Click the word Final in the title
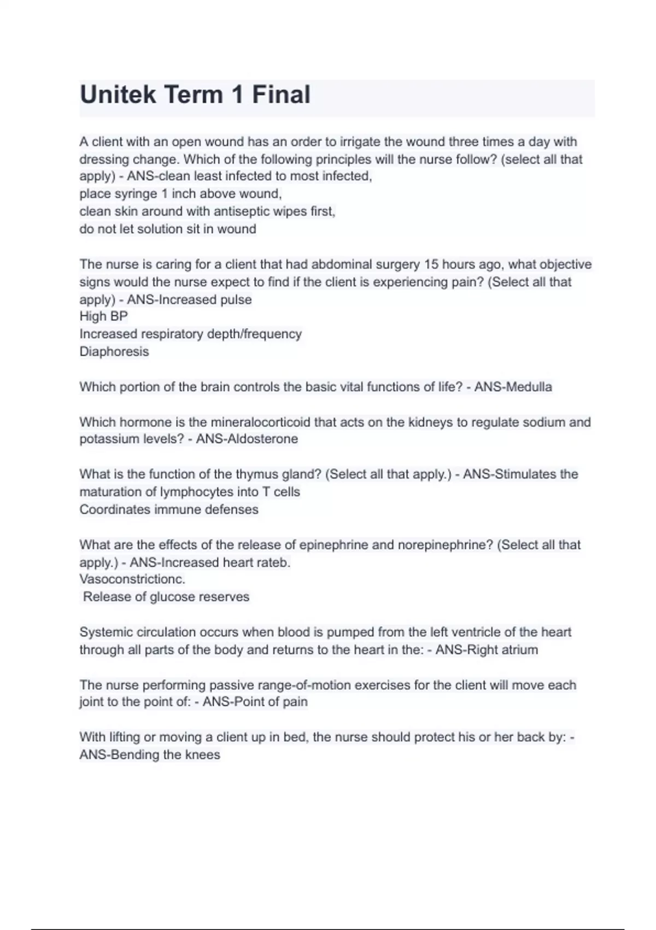(281, 95)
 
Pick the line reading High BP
(103, 316)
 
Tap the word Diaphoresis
(114, 351)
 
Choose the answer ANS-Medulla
(513, 387)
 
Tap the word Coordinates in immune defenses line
(115, 509)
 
